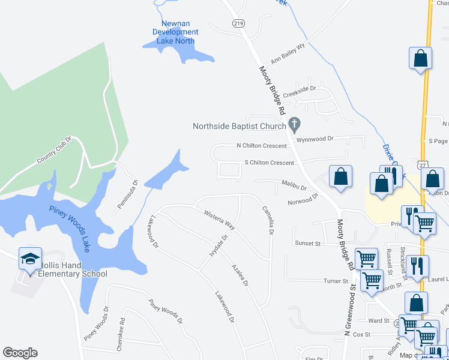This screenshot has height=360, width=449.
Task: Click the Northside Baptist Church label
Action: (239, 126)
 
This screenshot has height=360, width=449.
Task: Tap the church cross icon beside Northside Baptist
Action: (294, 125)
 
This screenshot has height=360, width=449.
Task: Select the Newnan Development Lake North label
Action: (175, 32)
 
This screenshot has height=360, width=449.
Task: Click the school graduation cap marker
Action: (30, 259)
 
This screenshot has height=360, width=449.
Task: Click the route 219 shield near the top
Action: (238, 23)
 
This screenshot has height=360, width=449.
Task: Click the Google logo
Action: (20, 353)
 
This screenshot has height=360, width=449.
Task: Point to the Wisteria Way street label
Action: (219, 221)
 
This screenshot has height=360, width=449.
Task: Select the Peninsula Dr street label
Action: (127, 194)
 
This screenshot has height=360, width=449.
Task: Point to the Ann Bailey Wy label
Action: (288, 53)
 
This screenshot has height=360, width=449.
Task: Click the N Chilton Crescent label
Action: (262, 146)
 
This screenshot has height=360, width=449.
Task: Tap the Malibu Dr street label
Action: (295, 187)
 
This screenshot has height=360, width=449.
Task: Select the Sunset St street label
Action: (307, 243)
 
